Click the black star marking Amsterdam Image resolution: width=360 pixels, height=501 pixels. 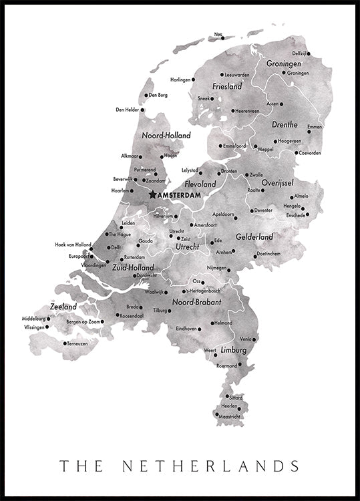pos(153,194)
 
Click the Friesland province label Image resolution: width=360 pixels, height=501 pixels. pos(226,87)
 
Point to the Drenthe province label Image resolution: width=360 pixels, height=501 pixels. pos(285,125)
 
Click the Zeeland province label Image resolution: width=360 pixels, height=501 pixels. pos(63,307)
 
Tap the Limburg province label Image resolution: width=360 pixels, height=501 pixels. pos(234,350)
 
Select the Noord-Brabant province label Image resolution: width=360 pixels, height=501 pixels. pos(196,302)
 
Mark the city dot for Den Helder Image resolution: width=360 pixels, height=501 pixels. pos(144,110)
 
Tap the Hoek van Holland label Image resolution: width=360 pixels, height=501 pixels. pos(73,244)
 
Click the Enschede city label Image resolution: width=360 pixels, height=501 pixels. pos(295,215)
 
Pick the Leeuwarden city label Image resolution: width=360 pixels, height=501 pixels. pos(237,75)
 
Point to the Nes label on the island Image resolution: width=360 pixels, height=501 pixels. pos(218,34)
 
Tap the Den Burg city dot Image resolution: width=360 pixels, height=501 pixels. pos(146,95)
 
